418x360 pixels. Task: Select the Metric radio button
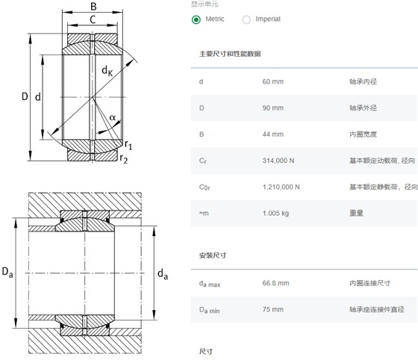pos(196,19)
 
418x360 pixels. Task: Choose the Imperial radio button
pos(246,19)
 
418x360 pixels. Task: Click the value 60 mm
pos(272,81)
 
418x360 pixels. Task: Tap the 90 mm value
pos(272,108)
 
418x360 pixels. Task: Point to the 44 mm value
pos(272,134)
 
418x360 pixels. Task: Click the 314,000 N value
pos(278,161)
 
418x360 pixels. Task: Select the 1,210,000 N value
pos(281,187)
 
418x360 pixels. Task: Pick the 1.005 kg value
pos(275,214)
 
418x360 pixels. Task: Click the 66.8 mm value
pos(275,283)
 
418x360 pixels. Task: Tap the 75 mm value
pos(272,310)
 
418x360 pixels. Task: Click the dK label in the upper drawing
pos(107,71)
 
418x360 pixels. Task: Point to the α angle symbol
pos(113,117)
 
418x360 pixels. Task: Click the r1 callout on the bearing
pos(128,145)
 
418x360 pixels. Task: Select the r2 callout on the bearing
pos(124,158)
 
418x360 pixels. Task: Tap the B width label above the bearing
pos(93,7)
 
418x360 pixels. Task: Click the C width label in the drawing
pos(93,19)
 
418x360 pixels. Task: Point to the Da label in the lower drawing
pos(7,273)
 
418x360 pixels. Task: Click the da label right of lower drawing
pos(163,274)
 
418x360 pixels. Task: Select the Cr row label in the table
pos(202,161)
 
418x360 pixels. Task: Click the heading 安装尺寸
pos(213,255)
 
